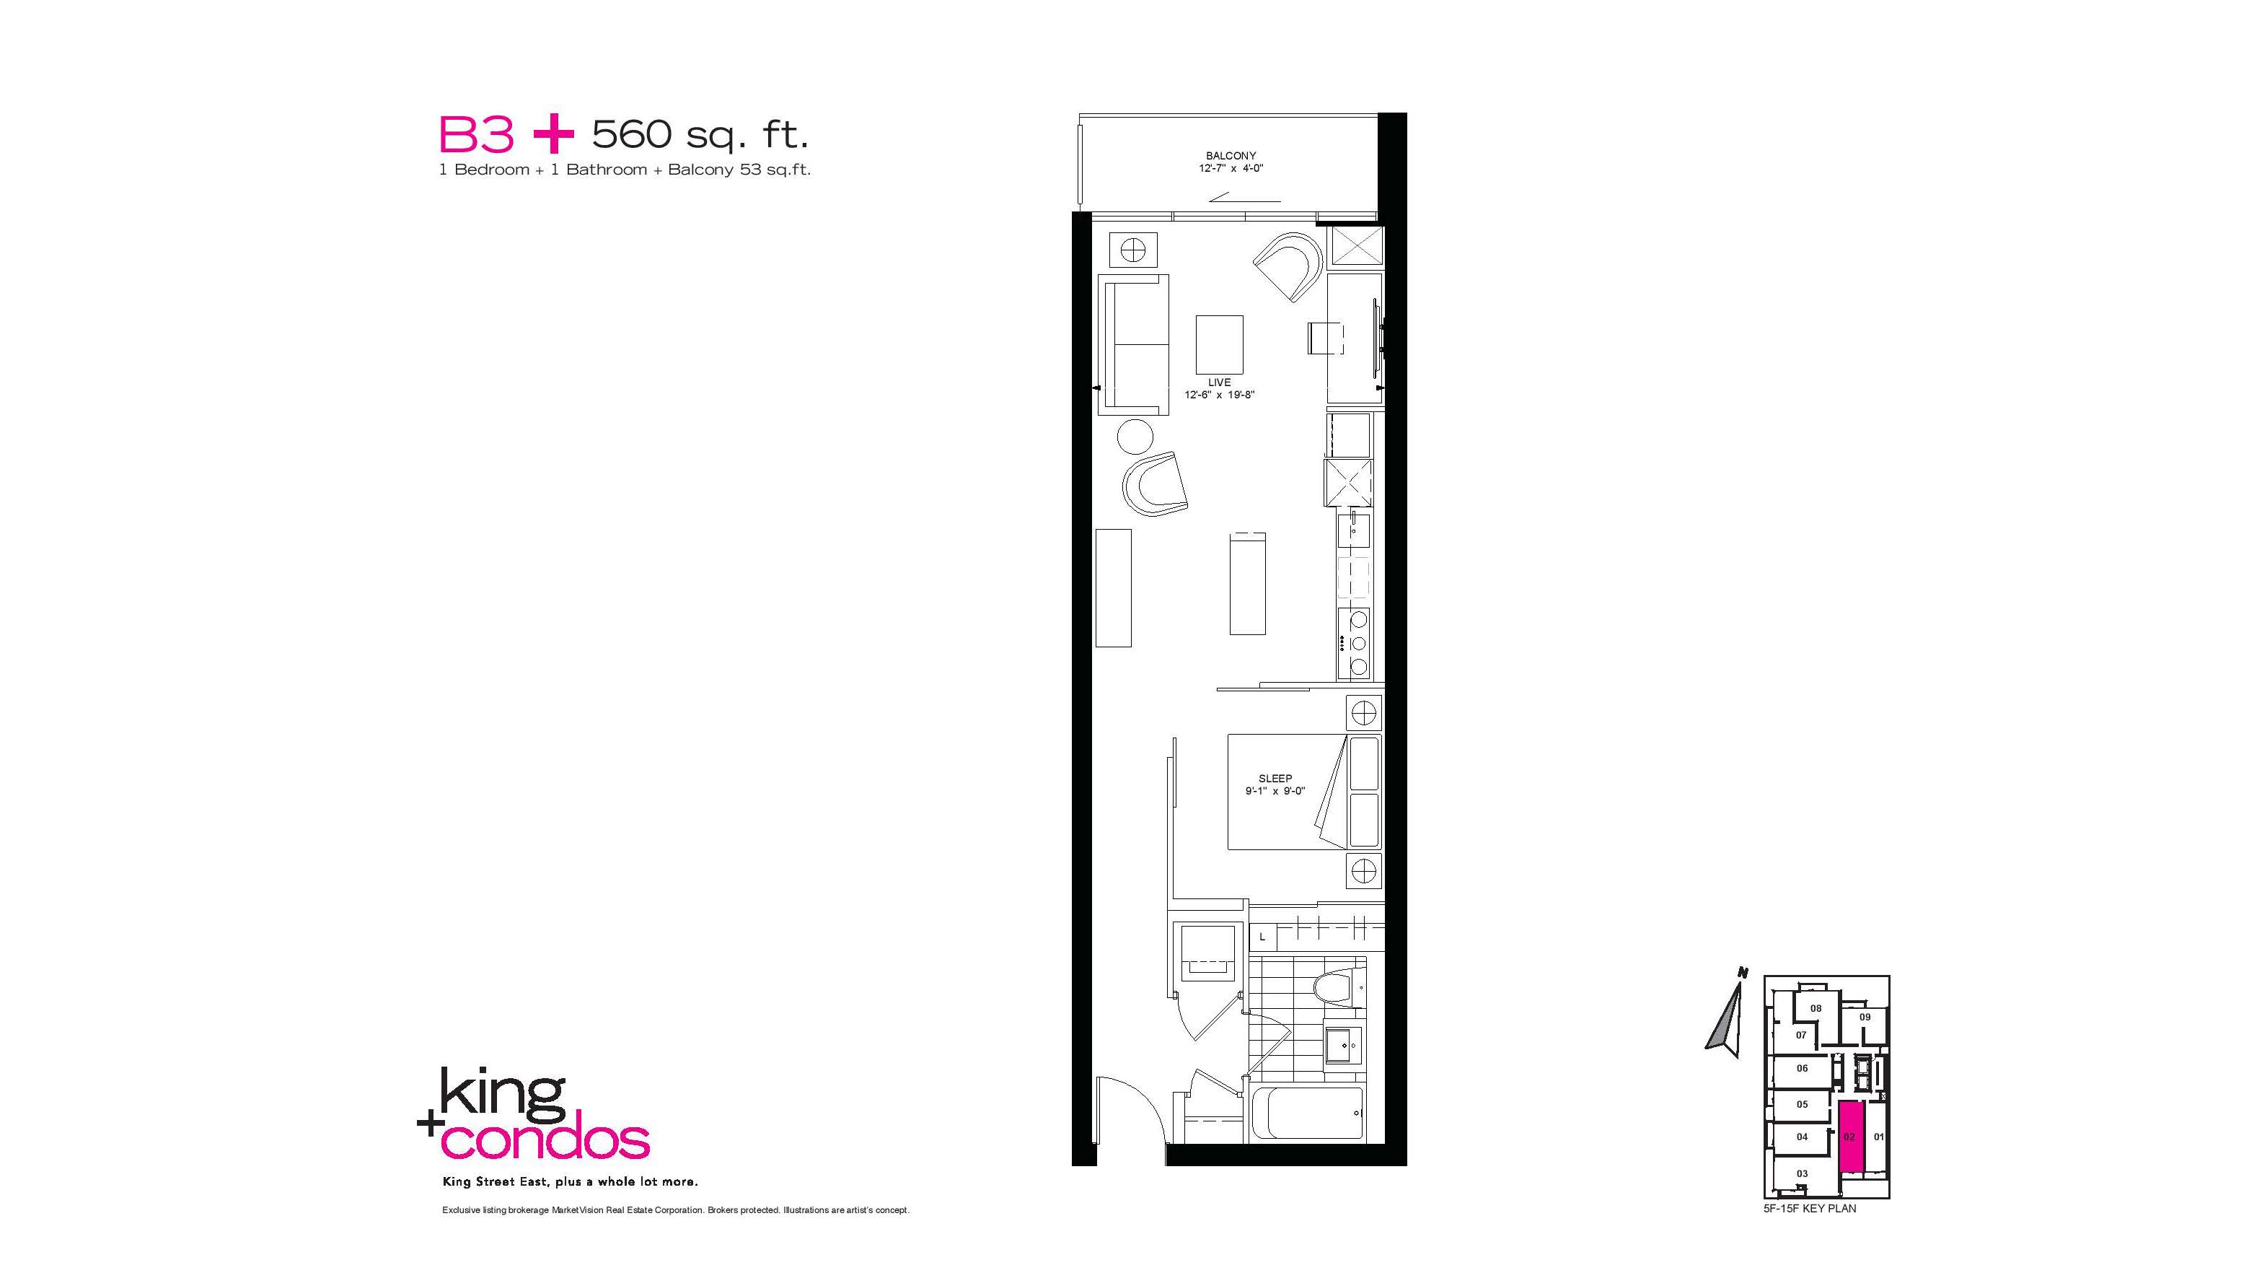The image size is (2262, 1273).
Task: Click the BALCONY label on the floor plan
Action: (1231, 155)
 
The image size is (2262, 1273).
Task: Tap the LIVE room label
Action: (1219, 382)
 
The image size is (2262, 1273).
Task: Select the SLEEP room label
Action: (1275, 779)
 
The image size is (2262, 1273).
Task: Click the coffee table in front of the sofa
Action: (1219, 344)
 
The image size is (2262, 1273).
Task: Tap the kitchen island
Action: (1248, 583)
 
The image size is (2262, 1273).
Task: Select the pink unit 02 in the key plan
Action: (1849, 1136)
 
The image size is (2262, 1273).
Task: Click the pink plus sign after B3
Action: (553, 135)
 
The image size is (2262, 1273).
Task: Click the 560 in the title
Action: (633, 134)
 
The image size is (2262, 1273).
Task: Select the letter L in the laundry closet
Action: (1262, 937)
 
